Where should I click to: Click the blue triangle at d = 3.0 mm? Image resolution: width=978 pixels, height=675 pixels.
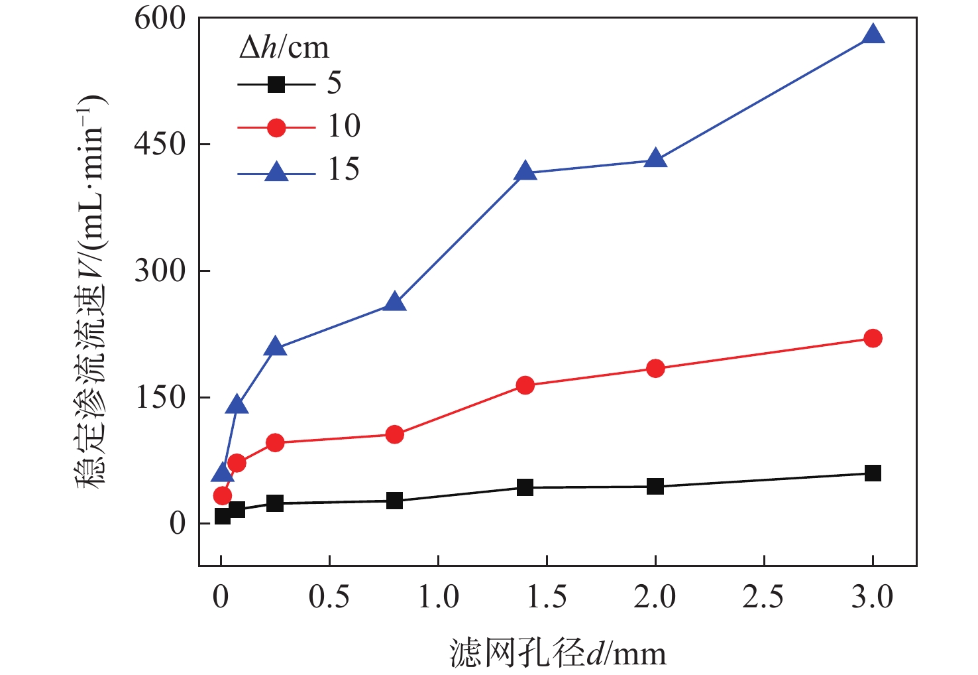pos(873,35)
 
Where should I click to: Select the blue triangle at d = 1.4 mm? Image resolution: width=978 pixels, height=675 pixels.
pos(525,172)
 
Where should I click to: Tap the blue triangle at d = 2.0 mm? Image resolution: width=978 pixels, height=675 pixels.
pos(655,159)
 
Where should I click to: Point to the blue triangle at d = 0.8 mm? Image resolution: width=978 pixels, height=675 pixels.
pos(394,302)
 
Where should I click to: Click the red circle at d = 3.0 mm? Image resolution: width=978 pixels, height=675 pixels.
pos(873,338)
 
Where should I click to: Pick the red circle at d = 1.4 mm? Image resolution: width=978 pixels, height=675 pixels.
pos(525,385)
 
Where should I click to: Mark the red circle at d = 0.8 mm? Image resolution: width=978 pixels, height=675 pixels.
pos(394,434)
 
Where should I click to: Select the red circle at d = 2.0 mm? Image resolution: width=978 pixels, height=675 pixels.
pos(655,369)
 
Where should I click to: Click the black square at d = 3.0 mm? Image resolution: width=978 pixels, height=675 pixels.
pos(873,473)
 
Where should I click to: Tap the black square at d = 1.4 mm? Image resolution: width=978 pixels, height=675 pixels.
pos(525,487)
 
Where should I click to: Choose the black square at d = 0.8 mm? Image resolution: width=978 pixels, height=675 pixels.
pos(394,501)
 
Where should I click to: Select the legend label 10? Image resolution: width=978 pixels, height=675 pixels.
pos(344,126)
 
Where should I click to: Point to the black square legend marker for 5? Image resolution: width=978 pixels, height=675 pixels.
pos(276,84)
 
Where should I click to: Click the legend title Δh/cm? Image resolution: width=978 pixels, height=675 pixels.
pos(284,48)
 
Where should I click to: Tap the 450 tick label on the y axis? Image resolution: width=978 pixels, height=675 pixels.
pos(160,144)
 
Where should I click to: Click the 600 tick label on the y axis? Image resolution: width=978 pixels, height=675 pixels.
pos(160,18)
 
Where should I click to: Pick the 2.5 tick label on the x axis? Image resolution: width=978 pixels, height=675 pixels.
pos(763,597)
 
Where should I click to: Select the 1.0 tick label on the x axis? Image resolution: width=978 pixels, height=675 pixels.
pos(438,597)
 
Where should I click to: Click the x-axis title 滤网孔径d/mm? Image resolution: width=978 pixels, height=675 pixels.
pos(557,653)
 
